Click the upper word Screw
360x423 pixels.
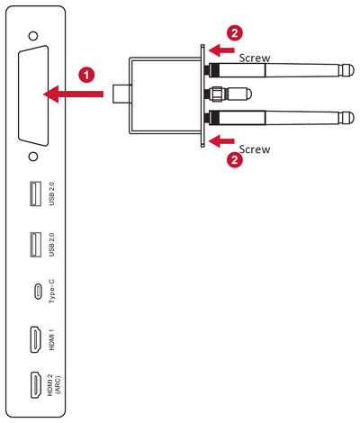click(x=253, y=58)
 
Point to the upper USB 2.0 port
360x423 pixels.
click(x=34, y=194)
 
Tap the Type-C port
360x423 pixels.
click(x=34, y=292)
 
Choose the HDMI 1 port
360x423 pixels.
click(x=33, y=340)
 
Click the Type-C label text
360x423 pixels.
click(x=53, y=292)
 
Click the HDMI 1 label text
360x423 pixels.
click(x=53, y=340)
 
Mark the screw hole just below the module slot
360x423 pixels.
click(x=32, y=155)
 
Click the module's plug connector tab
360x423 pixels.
click(x=121, y=92)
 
